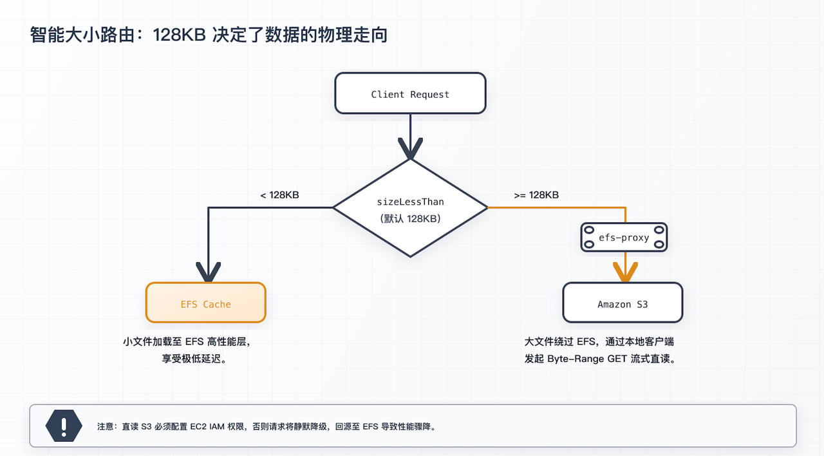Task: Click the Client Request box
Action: [410, 94]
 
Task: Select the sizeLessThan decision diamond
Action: [410, 208]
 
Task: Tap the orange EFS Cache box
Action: [205, 303]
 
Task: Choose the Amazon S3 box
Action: [623, 303]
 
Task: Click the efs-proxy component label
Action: [624, 238]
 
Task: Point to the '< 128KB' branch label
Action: [279, 195]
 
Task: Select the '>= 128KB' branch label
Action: [536, 195]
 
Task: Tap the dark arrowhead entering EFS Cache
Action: [209, 273]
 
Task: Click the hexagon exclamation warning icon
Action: [64, 426]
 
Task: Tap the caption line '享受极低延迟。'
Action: [194, 359]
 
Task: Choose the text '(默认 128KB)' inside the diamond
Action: [410, 218]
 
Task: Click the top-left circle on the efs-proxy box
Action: [589, 230]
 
